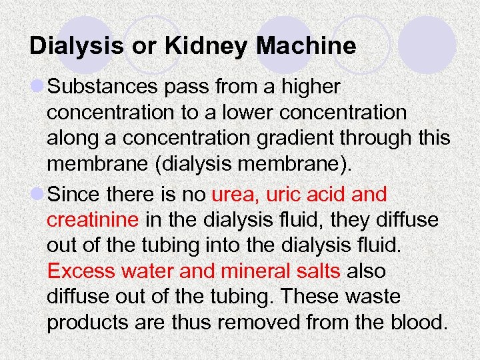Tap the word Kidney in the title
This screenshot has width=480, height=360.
(200, 46)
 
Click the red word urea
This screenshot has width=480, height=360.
(236, 195)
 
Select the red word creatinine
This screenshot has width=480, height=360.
(93, 219)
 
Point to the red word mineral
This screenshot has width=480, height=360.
(257, 272)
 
